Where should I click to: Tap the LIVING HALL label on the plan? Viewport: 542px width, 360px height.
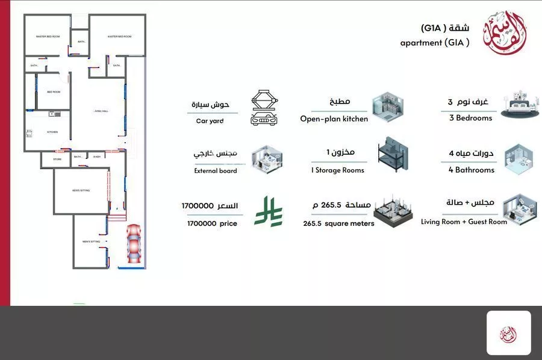click(x=101, y=111)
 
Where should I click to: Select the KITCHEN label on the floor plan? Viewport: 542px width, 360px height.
click(x=52, y=132)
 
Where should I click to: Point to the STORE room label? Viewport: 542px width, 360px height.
click(x=57, y=160)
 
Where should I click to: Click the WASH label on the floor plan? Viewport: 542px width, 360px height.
click(x=96, y=157)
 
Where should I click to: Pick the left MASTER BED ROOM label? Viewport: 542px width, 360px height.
click(x=48, y=37)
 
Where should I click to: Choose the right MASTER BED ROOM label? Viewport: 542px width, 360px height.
click(x=119, y=37)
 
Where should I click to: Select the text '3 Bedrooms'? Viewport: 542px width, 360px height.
click(x=470, y=118)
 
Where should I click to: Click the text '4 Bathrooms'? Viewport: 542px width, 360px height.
click(x=472, y=170)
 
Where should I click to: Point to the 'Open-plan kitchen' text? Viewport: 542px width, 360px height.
click(x=334, y=119)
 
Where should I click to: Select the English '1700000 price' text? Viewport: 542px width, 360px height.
click(x=212, y=223)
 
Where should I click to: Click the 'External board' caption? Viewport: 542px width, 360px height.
click(x=215, y=171)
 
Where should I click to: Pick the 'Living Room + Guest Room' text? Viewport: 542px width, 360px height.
click(x=464, y=222)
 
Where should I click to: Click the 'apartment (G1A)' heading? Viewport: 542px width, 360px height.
click(x=434, y=43)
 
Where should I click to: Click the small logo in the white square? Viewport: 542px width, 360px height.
click(x=508, y=333)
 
